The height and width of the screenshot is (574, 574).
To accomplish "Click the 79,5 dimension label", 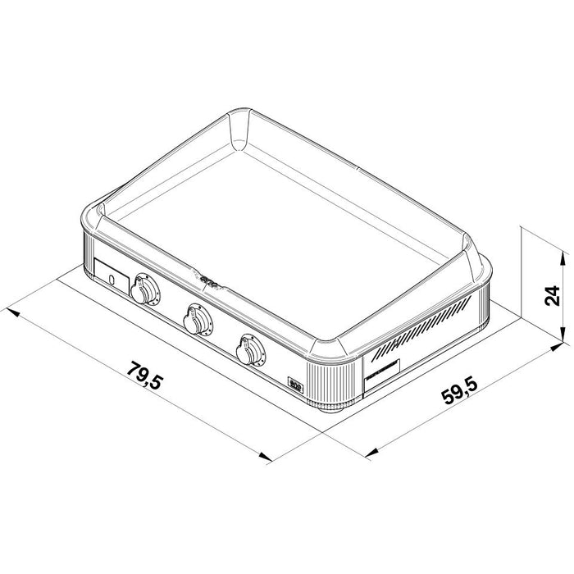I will pyautogui.click(x=147, y=380).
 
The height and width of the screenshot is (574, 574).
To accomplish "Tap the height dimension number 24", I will pyautogui.click(x=552, y=295).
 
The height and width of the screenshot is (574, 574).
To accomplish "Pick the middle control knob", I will pyautogui.click(x=198, y=319).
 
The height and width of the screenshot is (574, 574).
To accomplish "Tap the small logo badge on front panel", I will pyautogui.click(x=297, y=381).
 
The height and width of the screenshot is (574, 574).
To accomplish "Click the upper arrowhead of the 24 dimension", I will pyautogui.click(x=563, y=258).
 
